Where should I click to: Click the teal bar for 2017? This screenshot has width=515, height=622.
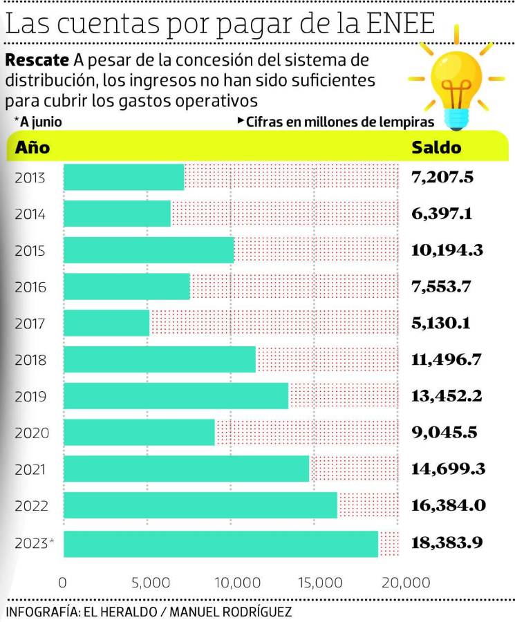click(106, 323)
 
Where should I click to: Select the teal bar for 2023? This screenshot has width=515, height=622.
click(221, 543)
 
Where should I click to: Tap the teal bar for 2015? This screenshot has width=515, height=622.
click(149, 249)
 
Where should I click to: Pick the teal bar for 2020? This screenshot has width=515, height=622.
click(139, 433)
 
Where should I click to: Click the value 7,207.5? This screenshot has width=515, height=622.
click(442, 177)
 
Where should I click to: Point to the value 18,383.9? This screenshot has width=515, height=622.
click(447, 543)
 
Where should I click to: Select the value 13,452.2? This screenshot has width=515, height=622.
click(446, 396)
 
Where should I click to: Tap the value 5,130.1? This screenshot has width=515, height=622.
click(442, 323)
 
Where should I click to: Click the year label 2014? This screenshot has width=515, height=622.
click(30, 214)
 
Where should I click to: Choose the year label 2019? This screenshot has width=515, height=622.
click(30, 397)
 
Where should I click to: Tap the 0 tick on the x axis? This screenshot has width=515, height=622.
click(63, 581)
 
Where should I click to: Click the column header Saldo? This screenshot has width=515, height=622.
click(436, 147)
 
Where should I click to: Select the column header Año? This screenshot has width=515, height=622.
click(32, 147)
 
